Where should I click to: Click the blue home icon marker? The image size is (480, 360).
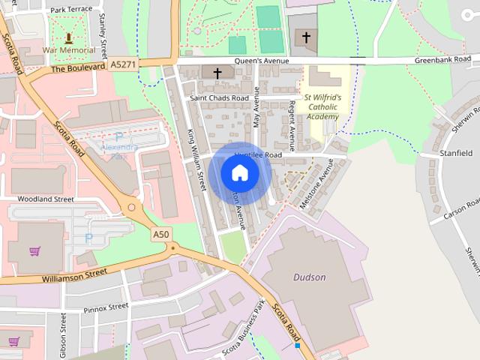pos(239,173)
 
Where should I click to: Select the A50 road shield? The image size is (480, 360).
pos(160,235)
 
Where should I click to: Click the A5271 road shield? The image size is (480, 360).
pos(123,65)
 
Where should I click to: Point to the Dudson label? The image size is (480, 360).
pos(309,277)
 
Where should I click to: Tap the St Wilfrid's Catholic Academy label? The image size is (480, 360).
pos(322,107)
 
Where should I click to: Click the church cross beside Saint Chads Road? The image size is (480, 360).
pos(217,73)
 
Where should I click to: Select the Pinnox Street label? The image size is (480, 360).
pos(106,307)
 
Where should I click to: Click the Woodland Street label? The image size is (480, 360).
pos(47,199)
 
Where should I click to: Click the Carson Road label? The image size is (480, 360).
pos(460,209)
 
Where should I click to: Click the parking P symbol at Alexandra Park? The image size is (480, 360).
pos(118,137)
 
